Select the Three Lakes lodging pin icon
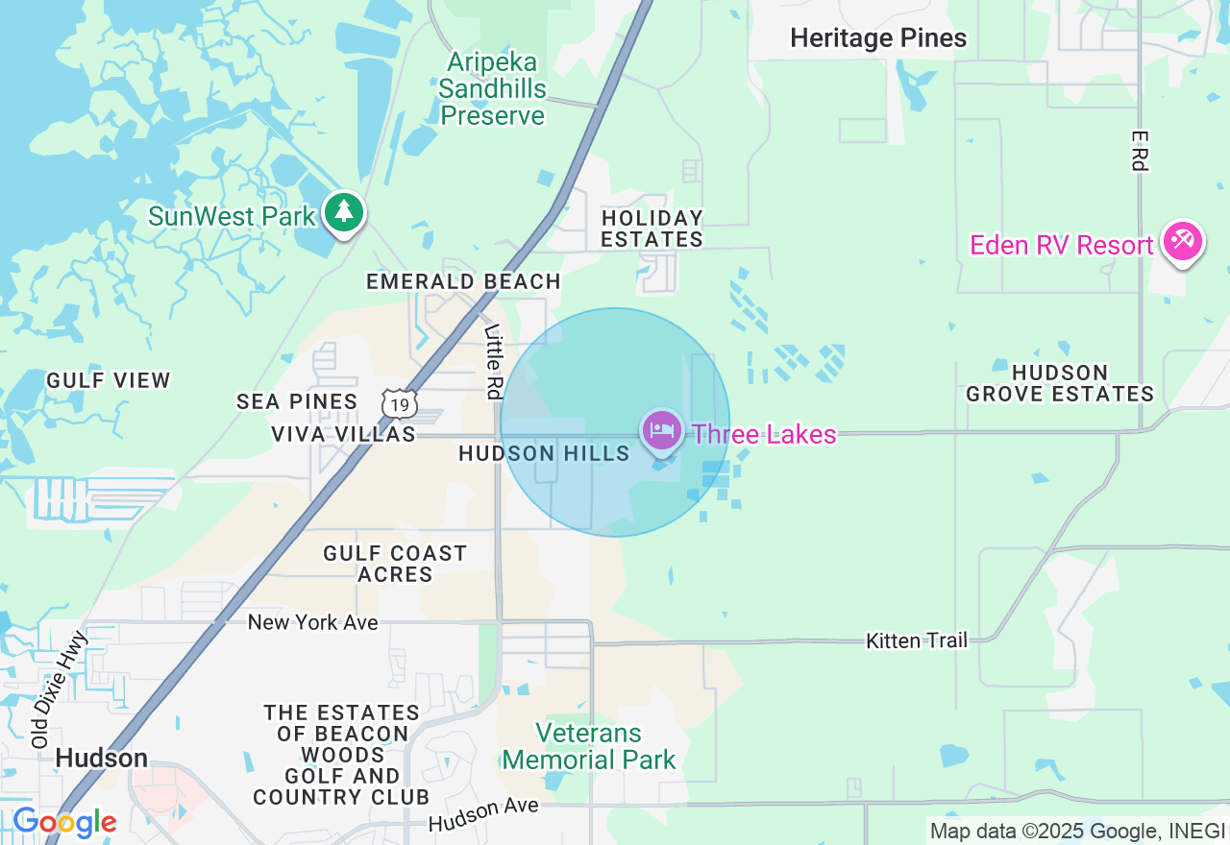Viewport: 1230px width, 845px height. pyautogui.click(x=661, y=431)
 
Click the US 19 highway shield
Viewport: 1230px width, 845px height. pyautogui.click(x=400, y=404)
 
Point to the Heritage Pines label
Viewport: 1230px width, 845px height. pyautogui.click(x=878, y=38)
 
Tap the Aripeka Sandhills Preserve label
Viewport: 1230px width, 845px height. pyautogui.click(x=492, y=89)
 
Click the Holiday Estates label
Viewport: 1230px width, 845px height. pyautogui.click(x=652, y=229)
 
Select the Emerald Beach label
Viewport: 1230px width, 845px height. pyautogui.click(x=463, y=281)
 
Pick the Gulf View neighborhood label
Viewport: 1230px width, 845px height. pyautogui.click(x=109, y=380)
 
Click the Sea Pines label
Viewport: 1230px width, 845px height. pyautogui.click(x=297, y=401)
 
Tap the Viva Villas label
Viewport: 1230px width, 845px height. pyautogui.click(x=343, y=434)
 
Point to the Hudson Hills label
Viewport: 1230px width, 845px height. pyautogui.click(x=544, y=453)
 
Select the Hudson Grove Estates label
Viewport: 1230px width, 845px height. pyautogui.click(x=1060, y=383)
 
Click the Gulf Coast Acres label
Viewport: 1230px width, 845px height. pyautogui.click(x=395, y=564)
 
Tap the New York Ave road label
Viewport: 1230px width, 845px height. pyautogui.click(x=312, y=622)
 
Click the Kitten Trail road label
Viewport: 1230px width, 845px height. pyautogui.click(x=916, y=640)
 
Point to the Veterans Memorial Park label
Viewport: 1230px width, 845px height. pyautogui.click(x=589, y=746)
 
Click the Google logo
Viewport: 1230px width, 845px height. pyautogui.click(x=64, y=823)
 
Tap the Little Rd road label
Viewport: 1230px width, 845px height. pyautogui.click(x=493, y=361)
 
